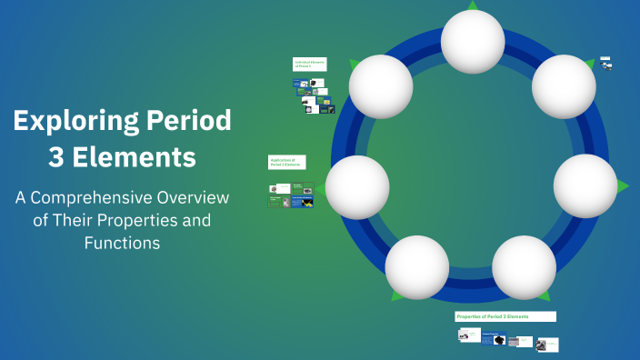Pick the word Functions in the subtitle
(x=122, y=243)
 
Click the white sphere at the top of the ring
(x=473, y=41)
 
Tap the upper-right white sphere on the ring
(x=563, y=86)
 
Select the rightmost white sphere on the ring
(x=585, y=185)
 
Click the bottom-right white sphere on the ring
(x=524, y=267)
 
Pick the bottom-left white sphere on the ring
(x=417, y=267)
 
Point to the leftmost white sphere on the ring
(x=357, y=186)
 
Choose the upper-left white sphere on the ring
(x=381, y=86)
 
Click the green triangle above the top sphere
(x=473, y=5)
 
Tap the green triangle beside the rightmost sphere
(x=623, y=186)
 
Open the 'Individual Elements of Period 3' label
(x=309, y=65)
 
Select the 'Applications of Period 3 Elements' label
(x=286, y=162)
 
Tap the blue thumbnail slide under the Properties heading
(x=496, y=339)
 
